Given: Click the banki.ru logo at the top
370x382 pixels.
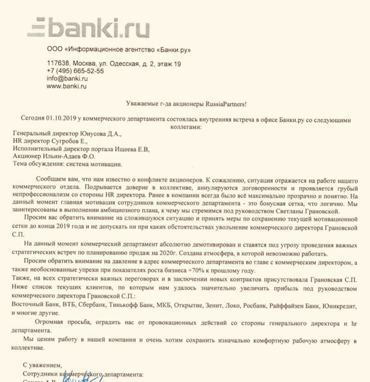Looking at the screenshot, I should click(88, 27).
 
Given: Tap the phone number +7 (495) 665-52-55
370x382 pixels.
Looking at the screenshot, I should click(75, 71).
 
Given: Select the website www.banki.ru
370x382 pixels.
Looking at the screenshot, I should click(66, 86).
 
